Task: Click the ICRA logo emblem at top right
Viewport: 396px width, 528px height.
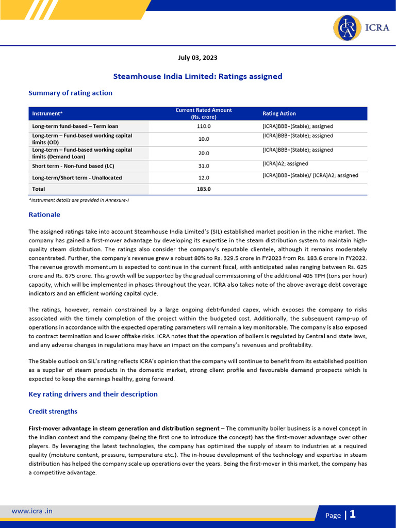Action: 347,28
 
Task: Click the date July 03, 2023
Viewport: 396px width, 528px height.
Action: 198,58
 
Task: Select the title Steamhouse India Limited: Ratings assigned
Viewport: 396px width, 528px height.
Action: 198,76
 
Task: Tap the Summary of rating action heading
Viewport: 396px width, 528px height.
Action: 70,93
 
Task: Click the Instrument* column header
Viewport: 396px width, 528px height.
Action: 47,113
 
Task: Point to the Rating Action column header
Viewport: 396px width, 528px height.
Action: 279,113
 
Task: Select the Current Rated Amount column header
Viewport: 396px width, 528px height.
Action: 204,113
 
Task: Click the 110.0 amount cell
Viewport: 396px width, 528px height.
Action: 204,126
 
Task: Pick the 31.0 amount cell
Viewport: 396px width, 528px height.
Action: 204,166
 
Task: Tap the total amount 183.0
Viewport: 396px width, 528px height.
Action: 204,189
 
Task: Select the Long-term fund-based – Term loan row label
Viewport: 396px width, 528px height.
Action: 75,126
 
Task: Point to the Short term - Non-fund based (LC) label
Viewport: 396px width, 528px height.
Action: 70,166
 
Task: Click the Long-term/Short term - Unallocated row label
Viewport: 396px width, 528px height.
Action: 77,178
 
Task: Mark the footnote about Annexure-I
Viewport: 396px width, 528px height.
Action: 78,200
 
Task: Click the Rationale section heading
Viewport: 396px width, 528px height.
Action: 44,214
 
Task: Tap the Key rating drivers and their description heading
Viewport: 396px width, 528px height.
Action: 93,394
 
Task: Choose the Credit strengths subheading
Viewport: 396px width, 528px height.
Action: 53,411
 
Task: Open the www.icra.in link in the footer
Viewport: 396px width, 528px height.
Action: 32,511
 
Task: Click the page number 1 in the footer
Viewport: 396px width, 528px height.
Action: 353,514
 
